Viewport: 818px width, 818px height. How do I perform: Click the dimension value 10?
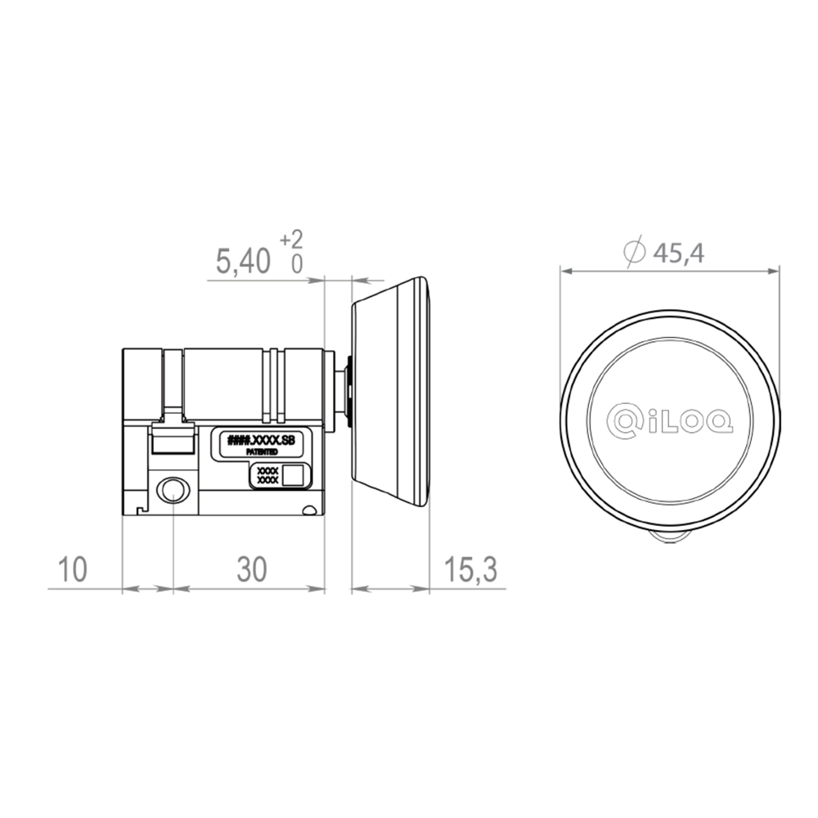(x=73, y=569)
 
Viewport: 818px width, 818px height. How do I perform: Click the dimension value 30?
(x=252, y=569)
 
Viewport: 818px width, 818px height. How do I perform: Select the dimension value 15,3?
(x=470, y=569)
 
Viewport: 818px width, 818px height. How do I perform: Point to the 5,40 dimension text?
(x=243, y=261)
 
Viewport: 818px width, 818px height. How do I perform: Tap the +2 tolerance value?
(x=291, y=240)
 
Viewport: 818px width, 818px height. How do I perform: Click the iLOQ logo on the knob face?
(x=670, y=418)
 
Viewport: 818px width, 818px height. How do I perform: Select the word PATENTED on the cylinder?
(x=262, y=452)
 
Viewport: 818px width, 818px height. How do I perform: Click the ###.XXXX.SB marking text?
(x=262, y=440)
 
